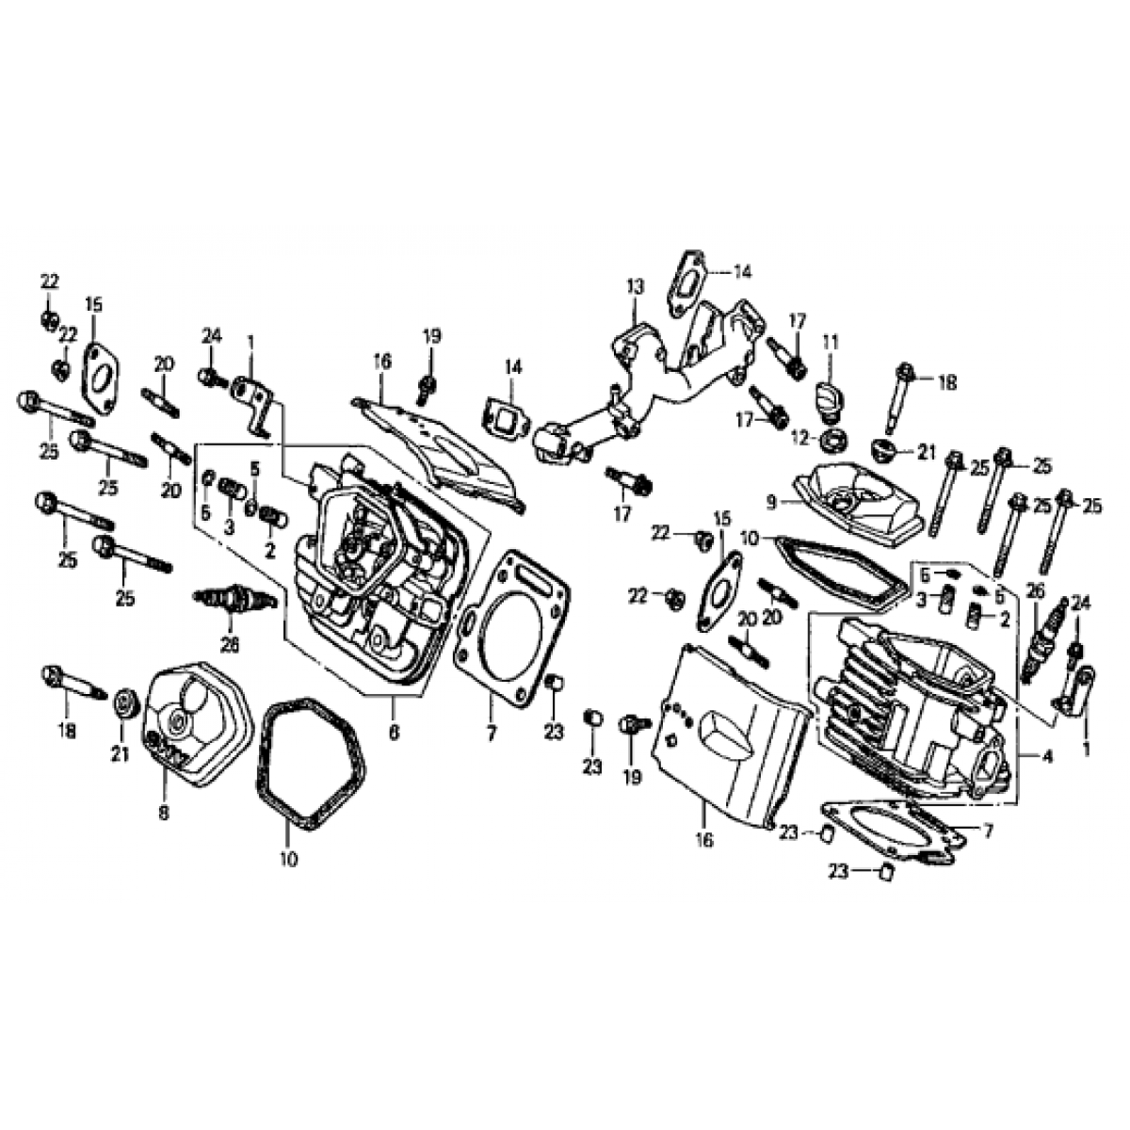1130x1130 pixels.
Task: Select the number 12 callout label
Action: pos(801,437)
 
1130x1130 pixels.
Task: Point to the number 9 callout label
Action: pos(772,503)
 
